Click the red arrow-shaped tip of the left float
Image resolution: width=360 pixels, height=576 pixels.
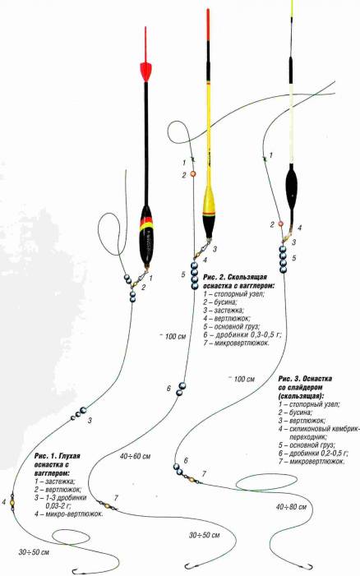point(145,70)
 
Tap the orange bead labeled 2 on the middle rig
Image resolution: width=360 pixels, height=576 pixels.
point(193,174)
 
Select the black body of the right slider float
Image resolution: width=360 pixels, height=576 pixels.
point(292,187)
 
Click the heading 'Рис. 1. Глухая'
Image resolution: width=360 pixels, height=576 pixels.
point(57,456)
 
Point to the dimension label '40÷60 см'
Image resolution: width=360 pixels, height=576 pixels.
point(135,457)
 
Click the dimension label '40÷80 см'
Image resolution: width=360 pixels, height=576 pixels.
point(291,507)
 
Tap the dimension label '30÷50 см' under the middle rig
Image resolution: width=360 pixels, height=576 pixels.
point(204,535)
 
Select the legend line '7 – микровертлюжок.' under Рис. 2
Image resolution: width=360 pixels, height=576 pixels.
point(236,343)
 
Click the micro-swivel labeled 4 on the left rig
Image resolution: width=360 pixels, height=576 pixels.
point(12,502)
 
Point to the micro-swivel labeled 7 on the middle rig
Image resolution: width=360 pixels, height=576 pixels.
point(108,505)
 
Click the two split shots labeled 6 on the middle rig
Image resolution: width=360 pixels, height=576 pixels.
point(181,389)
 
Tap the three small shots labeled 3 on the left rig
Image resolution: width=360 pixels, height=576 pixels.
point(79,413)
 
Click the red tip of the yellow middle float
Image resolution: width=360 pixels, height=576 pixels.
point(208,25)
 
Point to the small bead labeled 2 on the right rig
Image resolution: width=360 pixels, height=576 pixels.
point(280,223)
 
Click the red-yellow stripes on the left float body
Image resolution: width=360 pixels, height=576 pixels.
point(146,223)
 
